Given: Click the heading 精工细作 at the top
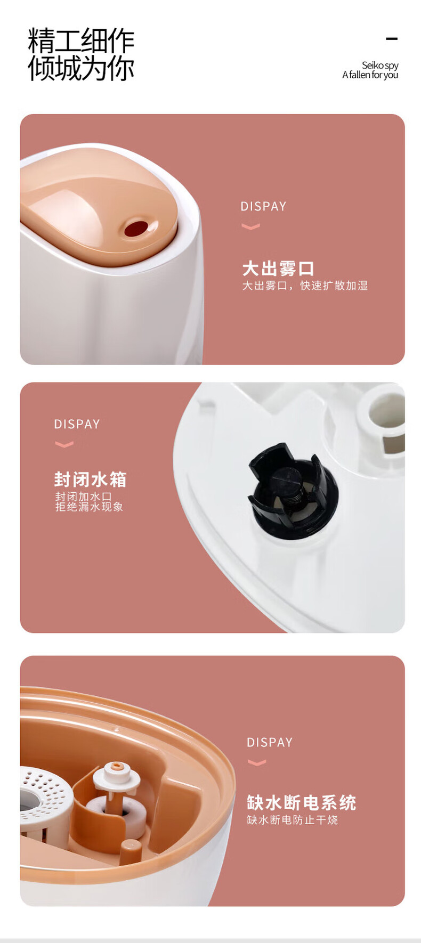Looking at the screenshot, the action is pyautogui.click(x=81, y=40).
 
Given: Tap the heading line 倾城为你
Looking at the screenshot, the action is pyautogui.click(x=81, y=68).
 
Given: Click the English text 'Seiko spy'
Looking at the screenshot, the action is pyautogui.click(x=380, y=66).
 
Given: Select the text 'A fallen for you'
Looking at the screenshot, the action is pyautogui.click(x=370, y=75).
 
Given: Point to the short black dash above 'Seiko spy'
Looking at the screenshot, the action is pyautogui.click(x=392, y=38).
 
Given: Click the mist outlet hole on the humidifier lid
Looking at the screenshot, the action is pyautogui.click(x=136, y=229).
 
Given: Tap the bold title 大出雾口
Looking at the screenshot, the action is pyautogui.click(x=278, y=269).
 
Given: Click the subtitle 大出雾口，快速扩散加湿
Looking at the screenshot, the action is pyautogui.click(x=305, y=286).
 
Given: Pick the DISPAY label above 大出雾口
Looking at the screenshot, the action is pyautogui.click(x=263, y=207).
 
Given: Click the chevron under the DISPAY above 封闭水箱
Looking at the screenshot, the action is pyautogui.click(x=64, y=444).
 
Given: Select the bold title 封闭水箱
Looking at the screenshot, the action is pyautogui.click(x=90, y=479).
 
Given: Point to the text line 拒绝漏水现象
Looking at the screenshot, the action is pyautogui.click(x=89, y=507).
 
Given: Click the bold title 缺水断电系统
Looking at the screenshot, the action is pyautogui.click(x=301, y=802).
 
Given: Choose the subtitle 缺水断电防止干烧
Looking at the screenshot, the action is pyautogui.click(x=292, y=820).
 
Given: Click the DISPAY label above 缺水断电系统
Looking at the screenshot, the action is pyautogui.click(x=270, y=743).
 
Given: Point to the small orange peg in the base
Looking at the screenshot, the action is pyautogui.click(x=130, y=851).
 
